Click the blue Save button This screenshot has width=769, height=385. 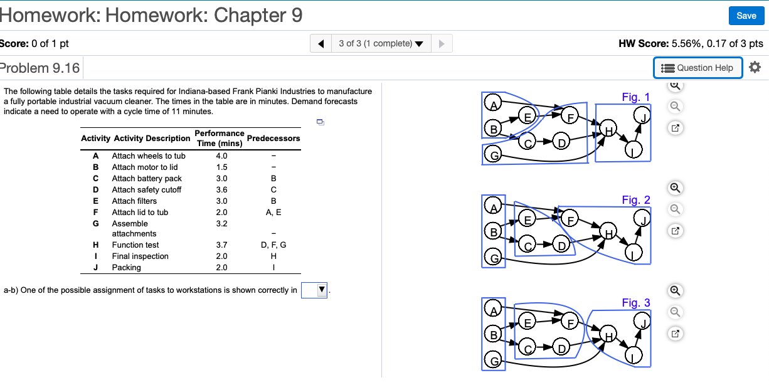click(x=746, y=16)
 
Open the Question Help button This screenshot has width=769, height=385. click(x=697, y=68)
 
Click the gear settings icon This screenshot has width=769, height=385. click(x=755, y=67)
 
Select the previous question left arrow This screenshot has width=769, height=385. click(x=321, y=43)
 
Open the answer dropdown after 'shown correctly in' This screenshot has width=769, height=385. click(x=315, y=290)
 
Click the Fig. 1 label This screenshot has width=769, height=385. click(x=636, y=97)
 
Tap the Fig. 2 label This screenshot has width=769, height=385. click(x=636, y=200)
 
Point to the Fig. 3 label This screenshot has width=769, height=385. click(x=636, y=303)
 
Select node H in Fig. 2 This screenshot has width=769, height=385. click(x=607, y=232)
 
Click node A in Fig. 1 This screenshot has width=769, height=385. click(x=494, y=104)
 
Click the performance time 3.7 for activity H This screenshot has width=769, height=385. click(x=221, y=245)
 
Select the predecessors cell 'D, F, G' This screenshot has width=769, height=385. click(x=273, y=245)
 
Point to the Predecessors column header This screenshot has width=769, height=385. click(x=273, y=138)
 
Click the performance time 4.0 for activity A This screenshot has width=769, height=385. click(x=221, y=156)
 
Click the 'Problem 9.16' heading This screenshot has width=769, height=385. click(x=40, y=68)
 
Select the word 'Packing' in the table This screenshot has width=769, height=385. click(x=126, y=268)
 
